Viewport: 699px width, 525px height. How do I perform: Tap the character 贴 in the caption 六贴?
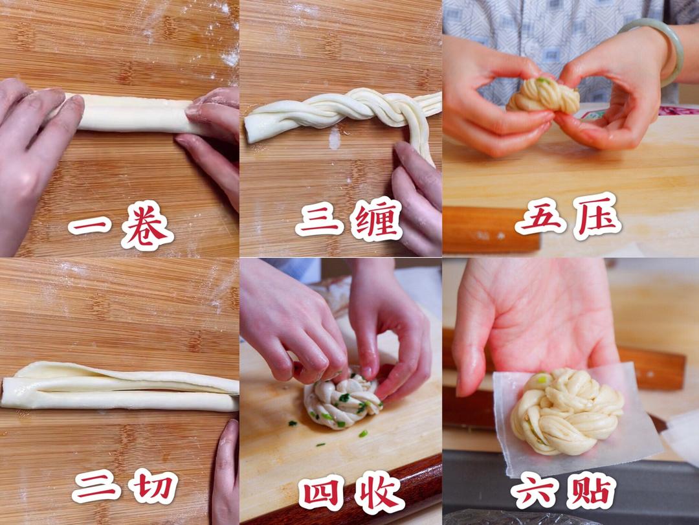[592, 490]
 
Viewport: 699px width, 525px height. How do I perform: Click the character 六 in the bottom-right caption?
[534, 491]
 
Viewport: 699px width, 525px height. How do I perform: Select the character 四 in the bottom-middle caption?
[322, 493]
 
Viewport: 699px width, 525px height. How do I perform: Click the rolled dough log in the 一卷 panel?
[134, 113]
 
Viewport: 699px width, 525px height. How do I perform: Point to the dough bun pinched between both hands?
[543, 95]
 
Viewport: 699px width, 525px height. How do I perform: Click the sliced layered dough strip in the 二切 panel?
[120, 386]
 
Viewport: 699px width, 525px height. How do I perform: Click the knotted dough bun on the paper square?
[566, 410]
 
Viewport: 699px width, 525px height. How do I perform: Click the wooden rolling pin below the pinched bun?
[491, 229]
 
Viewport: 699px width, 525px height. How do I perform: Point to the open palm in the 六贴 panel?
[535, 321]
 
